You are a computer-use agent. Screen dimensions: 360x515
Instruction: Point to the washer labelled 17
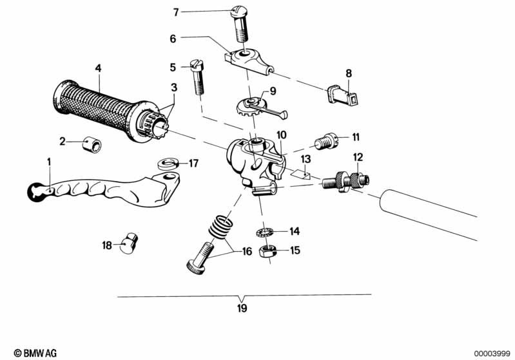[169, 164]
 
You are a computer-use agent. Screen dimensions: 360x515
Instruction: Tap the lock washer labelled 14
[264, 231]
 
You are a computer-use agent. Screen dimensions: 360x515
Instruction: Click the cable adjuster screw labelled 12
[346, 180]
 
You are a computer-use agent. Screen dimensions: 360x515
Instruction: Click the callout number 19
[242, 307]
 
